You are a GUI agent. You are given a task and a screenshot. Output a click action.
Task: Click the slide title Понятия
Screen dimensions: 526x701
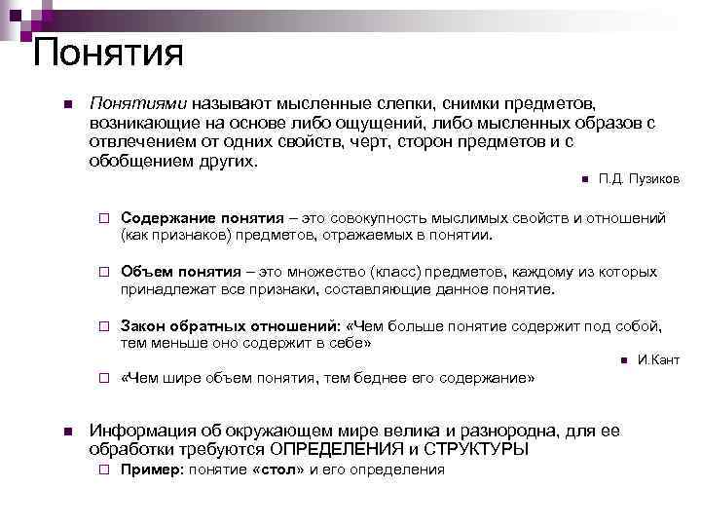107,51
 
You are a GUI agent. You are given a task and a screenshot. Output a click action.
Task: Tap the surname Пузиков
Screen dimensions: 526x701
654,179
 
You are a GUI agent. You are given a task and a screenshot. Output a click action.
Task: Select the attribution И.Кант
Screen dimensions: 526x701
658,360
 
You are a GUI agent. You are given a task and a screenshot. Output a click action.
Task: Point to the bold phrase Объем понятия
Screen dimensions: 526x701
176,272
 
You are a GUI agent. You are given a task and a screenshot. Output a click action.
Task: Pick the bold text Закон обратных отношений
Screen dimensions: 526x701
229,326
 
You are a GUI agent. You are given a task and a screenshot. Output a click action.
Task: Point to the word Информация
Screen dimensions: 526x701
141,431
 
